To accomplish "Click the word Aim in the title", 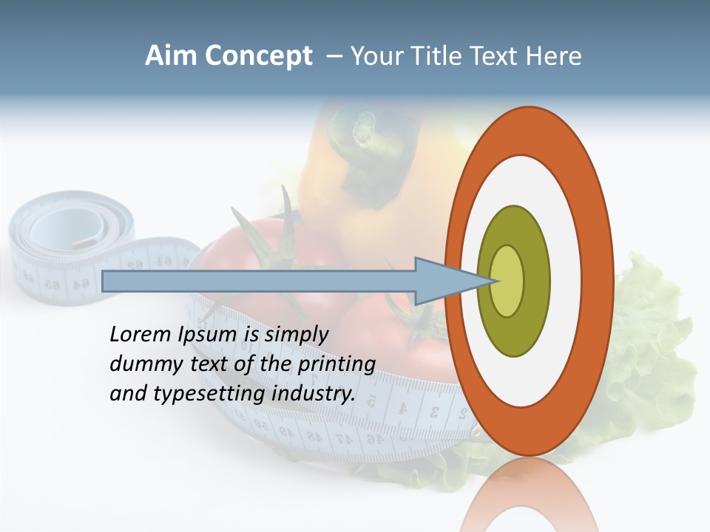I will (x=172, y=56).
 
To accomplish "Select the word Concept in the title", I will (x=258, y=57).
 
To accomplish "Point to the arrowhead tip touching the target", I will (x=494, y=281).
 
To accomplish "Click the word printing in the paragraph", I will (x=336, y=364).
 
